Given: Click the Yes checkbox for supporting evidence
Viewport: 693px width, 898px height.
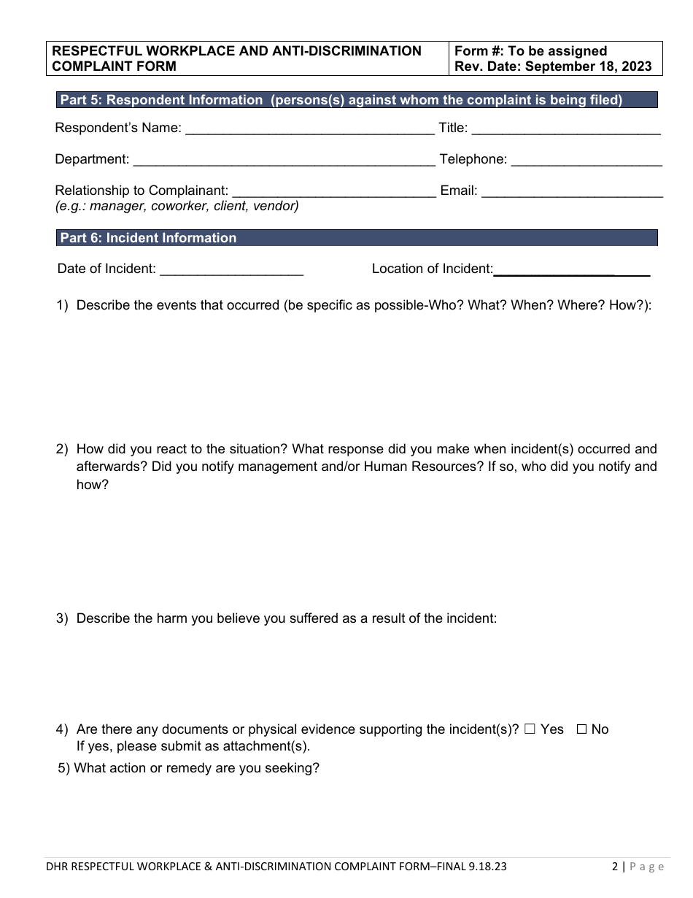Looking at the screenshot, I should pos(530,729).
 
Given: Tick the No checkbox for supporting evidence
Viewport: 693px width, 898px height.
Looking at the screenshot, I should pos(582,729).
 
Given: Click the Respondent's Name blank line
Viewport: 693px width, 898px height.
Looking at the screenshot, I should pos(310,129).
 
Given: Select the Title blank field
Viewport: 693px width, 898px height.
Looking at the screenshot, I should pos(566,129).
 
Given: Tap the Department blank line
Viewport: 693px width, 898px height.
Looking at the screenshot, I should pos(284,161).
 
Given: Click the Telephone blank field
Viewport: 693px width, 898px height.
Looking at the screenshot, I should pos(586,161).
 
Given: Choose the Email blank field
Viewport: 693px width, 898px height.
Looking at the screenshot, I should pos(573,192).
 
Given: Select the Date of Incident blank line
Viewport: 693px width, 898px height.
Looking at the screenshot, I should pos(231,270).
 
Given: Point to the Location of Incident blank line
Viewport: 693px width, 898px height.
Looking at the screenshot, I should pos(572,270).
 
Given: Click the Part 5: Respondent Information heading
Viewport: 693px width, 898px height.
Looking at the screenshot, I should pos(341,100).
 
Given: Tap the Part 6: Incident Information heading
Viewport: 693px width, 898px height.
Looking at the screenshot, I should pos(148,238).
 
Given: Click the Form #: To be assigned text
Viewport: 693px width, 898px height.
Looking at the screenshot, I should pos(530,51).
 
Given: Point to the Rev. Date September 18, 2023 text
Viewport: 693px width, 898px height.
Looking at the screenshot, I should pos(553,66).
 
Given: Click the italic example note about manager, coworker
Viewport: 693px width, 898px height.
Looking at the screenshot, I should pos(177,206).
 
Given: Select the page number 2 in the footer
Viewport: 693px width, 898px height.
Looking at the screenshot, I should pos(616,867).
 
